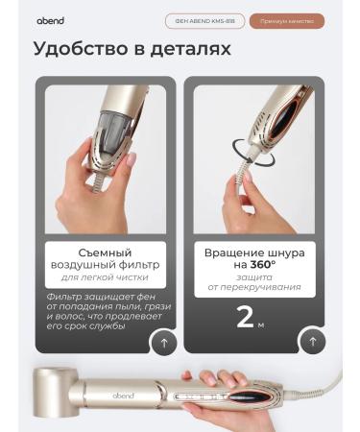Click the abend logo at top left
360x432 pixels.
pos(50,20)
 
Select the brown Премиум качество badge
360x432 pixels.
pos(286,20)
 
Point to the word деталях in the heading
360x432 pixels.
pos(192,49)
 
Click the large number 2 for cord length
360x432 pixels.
pos(246,317)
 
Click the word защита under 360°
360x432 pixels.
pos(254,276)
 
